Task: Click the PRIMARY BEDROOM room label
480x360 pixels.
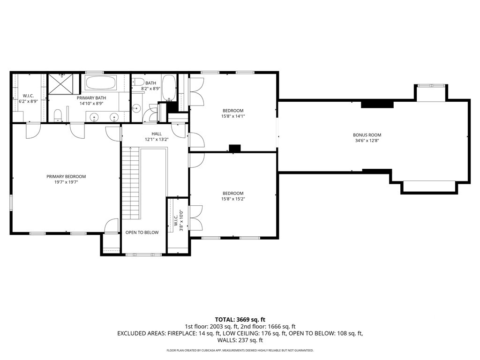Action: (66, 177)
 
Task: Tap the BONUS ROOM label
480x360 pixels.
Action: (367, 135)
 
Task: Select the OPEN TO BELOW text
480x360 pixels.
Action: (142, 232)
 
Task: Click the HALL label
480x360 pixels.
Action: (157, 134)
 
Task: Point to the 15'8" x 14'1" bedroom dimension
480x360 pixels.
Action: (233, 116)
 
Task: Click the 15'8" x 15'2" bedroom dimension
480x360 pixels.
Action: (233, 199)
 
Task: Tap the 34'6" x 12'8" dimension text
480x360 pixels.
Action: (367, 141)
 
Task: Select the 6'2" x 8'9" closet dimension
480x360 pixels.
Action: (28, 101)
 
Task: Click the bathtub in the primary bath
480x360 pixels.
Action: (100, 82)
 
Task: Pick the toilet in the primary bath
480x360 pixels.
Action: (58, 116)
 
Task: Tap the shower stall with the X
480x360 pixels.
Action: (61, 84)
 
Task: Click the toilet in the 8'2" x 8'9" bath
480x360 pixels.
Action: (138, 82)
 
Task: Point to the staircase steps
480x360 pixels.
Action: (131, 183)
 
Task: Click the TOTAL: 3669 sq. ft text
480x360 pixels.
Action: (240, 320)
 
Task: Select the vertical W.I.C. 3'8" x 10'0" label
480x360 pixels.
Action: (179, 220)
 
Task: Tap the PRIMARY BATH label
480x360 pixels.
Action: (91, 98)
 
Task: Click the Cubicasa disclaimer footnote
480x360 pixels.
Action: (240, 350)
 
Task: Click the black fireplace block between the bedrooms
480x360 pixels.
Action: (235, 148)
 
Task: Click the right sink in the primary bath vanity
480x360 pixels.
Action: (114, 117)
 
